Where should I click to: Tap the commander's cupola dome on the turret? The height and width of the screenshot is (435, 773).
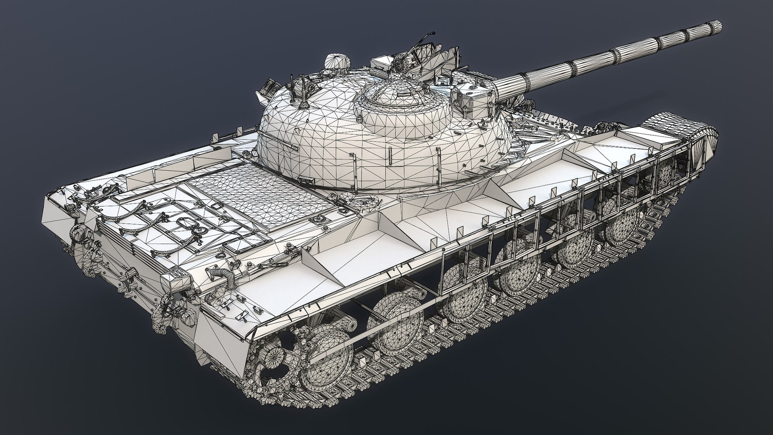pyautogui.click(x=399, y=101)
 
